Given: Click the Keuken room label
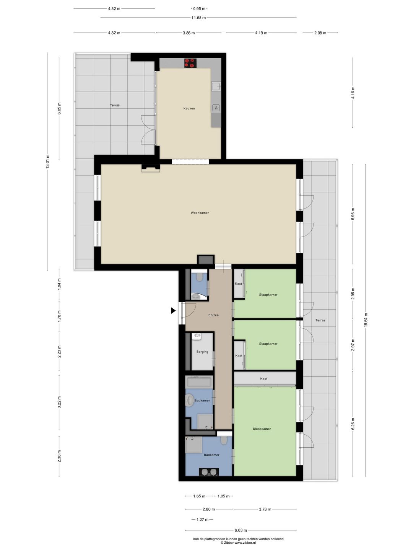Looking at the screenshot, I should [x=189, y=108].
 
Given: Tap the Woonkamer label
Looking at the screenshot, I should [x=200, y=213].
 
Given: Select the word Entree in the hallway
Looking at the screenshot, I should [x=213, y=315].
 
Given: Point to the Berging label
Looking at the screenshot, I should [x=202, y=352].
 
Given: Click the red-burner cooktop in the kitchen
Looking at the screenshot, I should [x=190, y=63].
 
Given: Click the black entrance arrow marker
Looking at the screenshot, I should [x=173, y=311].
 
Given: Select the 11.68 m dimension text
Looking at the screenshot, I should [x=198, y=18].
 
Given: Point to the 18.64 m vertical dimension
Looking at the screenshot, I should [x=366, y=320].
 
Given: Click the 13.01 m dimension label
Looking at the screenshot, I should [x=47, y=161].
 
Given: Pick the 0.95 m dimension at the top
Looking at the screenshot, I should [x=199, y=8].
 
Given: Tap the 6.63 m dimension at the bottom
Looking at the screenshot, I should [x=241, y=530].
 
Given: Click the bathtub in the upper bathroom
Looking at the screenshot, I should [x=199, y=381].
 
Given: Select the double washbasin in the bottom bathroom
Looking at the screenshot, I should [x=209, y=472].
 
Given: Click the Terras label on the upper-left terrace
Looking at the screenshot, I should [x=115, y=105].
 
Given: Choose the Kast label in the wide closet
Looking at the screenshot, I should [x=264, y=379].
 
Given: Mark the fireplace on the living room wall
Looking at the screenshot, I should [x=151, y=168].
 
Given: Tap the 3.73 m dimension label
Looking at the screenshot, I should [x=265, y=509].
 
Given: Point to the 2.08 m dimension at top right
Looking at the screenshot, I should [x=320, y=33].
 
